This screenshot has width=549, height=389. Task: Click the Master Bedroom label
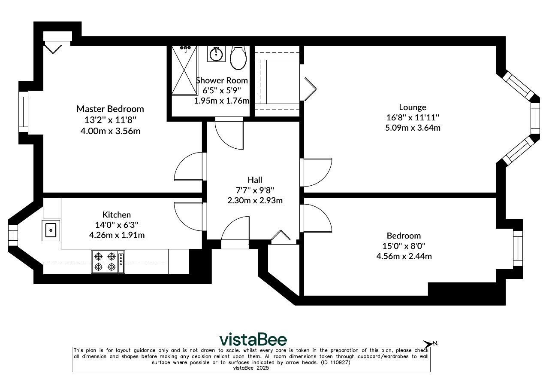click(x=110, y=109)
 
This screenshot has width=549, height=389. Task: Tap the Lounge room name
click(x=413, y=107)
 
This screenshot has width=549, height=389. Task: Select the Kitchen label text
click(x=116, y=214)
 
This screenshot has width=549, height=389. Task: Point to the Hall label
click(x=255, y=180)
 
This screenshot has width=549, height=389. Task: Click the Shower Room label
click(x=222, y=80)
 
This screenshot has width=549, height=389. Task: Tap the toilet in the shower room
click(x=238, y=58)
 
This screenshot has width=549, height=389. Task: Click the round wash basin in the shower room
click(x=216, y=54)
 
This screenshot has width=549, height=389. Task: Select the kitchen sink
click(x=51, y=230)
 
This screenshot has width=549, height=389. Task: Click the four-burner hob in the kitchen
click(x=108, y=261)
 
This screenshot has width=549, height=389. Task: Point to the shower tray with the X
click(x=184, y=70)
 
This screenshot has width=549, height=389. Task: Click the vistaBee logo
click(x=253, y=340)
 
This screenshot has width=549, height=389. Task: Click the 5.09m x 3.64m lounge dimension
click(x=413, y=128)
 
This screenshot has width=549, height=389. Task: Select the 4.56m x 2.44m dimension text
click(x=404, y=256)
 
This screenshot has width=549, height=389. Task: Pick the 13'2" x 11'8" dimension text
click(x=110, y=120)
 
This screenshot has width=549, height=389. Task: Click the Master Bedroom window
click(x=23, y=112)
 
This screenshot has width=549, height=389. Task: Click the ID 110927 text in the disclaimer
click(x=335, y=362)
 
